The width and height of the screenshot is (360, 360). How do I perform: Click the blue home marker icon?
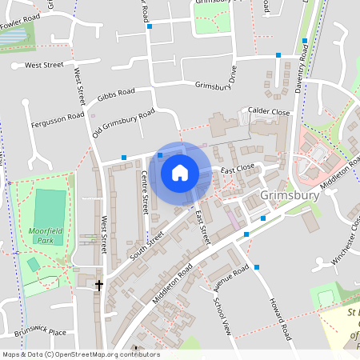[180, 172]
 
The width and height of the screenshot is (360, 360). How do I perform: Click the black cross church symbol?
[99, 284]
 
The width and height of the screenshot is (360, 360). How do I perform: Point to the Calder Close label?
[269, 112]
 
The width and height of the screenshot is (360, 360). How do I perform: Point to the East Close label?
[238, 169]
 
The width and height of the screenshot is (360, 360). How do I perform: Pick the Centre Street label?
[145, 191]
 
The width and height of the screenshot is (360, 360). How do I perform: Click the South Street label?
[146, 248]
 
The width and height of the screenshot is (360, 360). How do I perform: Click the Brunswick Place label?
[40, 332]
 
